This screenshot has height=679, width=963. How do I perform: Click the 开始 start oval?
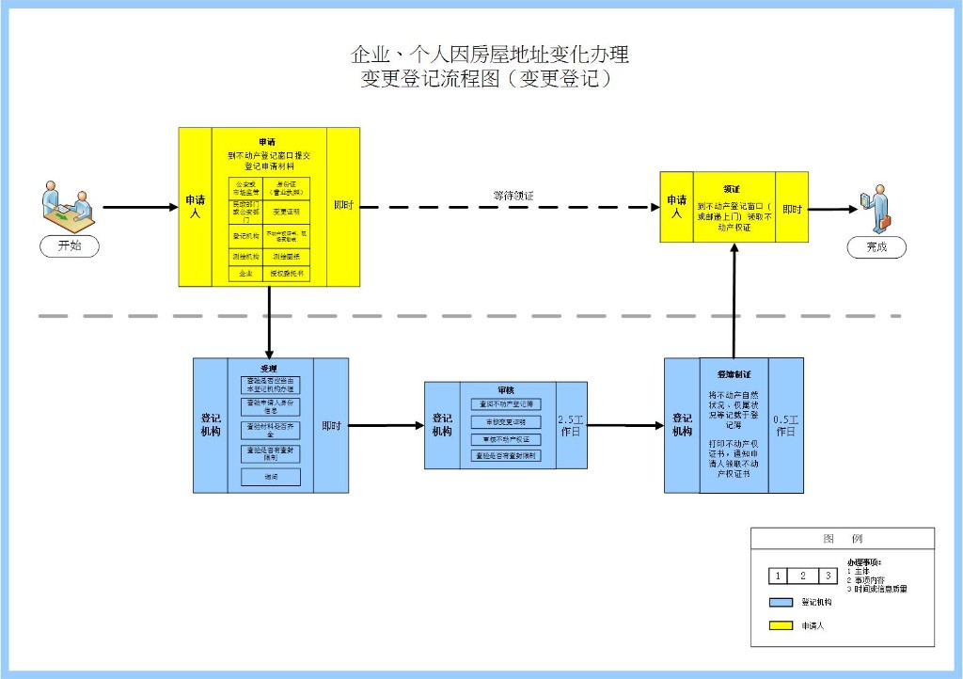click(x=70, y=245)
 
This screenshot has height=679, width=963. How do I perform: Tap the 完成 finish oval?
click(x=876, y=247)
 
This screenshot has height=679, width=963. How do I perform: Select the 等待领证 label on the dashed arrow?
click(x=513, y=196)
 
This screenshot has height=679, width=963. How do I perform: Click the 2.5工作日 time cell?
click(x=571, y=425)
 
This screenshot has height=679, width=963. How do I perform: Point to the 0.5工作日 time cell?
click(x=786, y=425)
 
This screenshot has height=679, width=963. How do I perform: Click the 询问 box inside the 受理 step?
click(x=270, y=477)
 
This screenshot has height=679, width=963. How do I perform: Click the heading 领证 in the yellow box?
click(x=732, y=188)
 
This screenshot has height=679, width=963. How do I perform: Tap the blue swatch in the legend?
click(x=780, y=602)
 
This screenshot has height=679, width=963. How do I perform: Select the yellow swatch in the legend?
click(x=780, y=625)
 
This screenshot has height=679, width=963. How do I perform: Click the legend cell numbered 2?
click(x=802, y=576)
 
